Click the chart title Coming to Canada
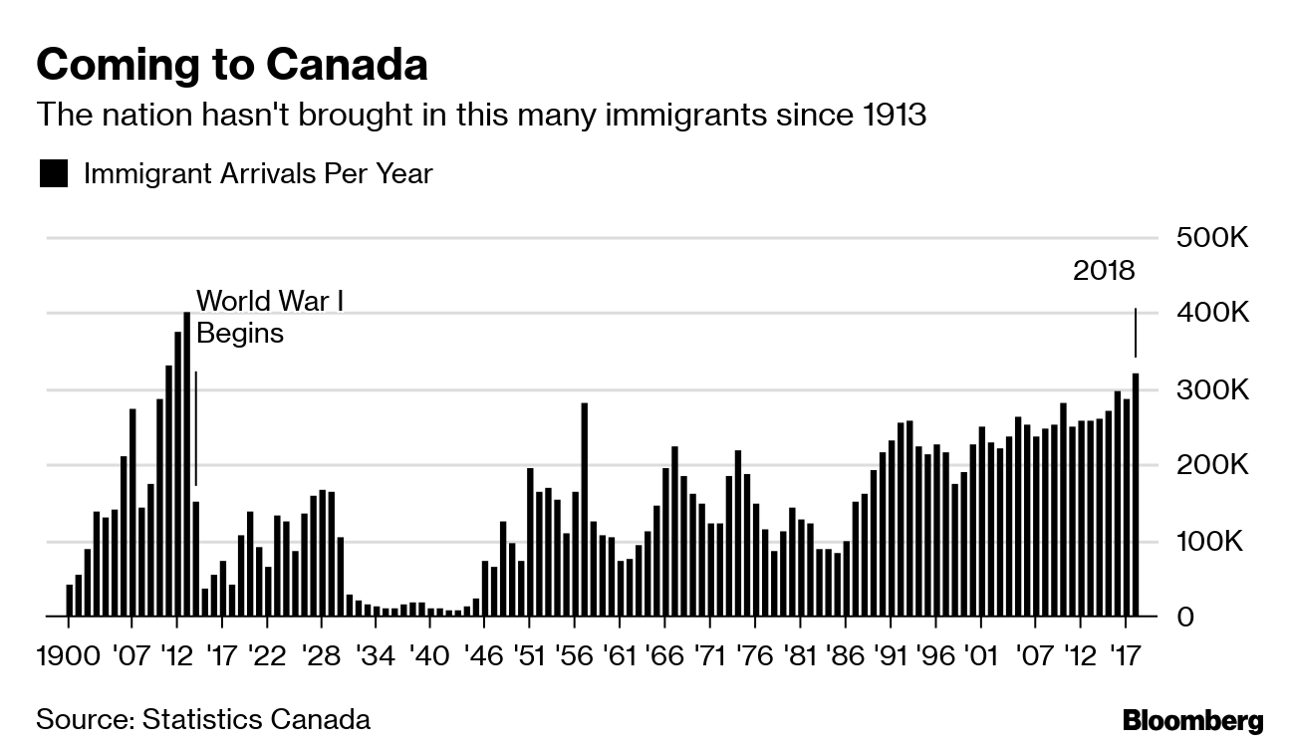click(x=232, y=65)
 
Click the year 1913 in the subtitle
click(x=890, y=116)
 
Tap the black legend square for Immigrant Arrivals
click(x=53, y=173)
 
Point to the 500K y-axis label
click(x=1212, y=239)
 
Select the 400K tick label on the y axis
click(x=1212, y=314)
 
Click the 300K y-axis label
click(x=1212, y=390)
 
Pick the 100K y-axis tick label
click(x=1212, y=543)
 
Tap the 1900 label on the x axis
click(x=68, y=657)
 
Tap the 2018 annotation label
click(x=1104, y=271)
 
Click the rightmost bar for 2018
click(x=1136, y=495)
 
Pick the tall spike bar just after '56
click(x=584, y=510)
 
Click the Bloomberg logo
click(x=1192, y=721)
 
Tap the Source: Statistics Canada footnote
click(x=203, y=719)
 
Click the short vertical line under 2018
click(x=1136, y=333)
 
